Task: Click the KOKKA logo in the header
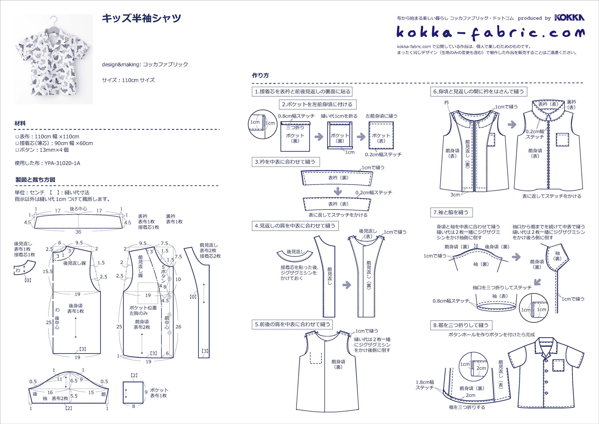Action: click(x=569, y=18)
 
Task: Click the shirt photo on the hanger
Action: click(x=53, y=59)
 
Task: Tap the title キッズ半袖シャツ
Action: click(x=141, y=18)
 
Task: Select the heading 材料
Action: click(x=20, y=123)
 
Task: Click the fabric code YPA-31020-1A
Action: click(x=62, y=163)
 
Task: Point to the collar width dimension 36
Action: click(x=78, y=232)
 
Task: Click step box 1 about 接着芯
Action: click(x=302, y=92)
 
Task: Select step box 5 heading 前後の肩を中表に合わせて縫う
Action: click(x=292, y=325)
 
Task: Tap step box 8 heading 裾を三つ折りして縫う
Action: click(x=461, y=325)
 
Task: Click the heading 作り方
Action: click(x=260, y=75)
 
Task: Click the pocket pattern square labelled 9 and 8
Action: click(x=133, y=392)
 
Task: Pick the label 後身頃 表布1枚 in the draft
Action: click(x=75, y=308)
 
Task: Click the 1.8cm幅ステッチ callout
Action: click(x=425, y=385)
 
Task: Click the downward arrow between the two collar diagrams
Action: click(x=338, y=191)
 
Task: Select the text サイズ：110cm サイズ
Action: click(x=128, y=80)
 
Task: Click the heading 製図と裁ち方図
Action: click(x=35, y=180)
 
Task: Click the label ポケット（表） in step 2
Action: click(x=381, y=138)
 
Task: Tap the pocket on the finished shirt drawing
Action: click(x=558, y=365)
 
